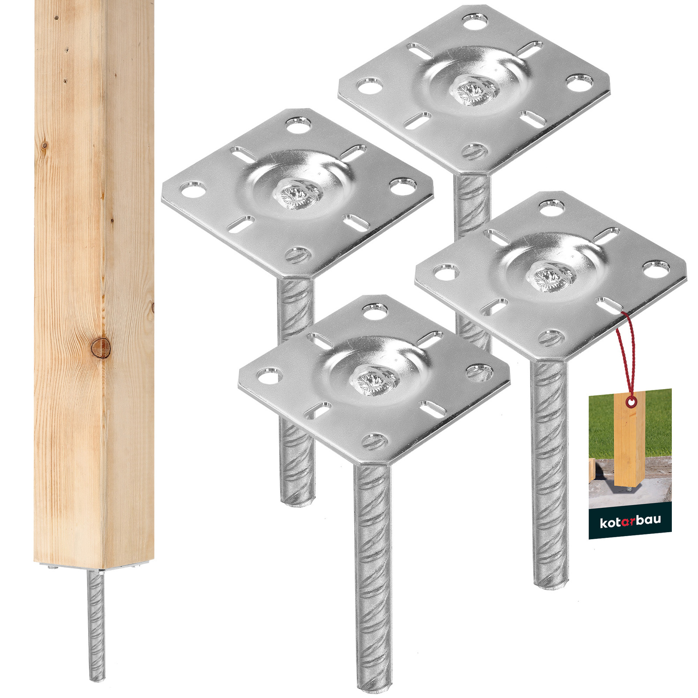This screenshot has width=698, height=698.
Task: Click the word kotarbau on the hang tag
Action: coord(630,521)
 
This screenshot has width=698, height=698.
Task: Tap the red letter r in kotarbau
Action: coord(627,522)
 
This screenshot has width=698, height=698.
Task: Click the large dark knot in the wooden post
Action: coord(100,347)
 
